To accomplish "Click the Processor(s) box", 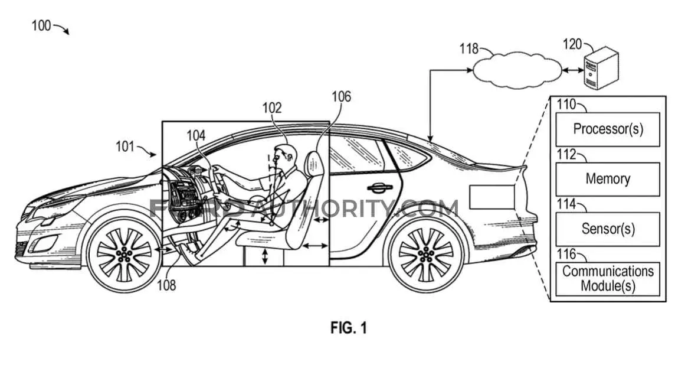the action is tap(607, 129).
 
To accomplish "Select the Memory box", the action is tap(607, 179).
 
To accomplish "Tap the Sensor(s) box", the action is tap(607, 229).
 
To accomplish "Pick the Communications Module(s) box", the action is tap(607, 279).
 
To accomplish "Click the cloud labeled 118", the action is tap(517, 70).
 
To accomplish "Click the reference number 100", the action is tap(41, 26).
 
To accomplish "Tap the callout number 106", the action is tap(341, 96).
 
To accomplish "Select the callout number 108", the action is tap(166, 285).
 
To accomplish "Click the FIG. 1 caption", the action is tap(349, 328).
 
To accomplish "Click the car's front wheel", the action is tap(124, 253).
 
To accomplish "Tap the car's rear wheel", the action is tap(426, 253).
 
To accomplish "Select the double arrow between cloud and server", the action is tap(572, 70).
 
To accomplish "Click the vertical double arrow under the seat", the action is tap(265, 256).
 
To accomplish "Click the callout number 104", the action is tap(196, 136).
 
